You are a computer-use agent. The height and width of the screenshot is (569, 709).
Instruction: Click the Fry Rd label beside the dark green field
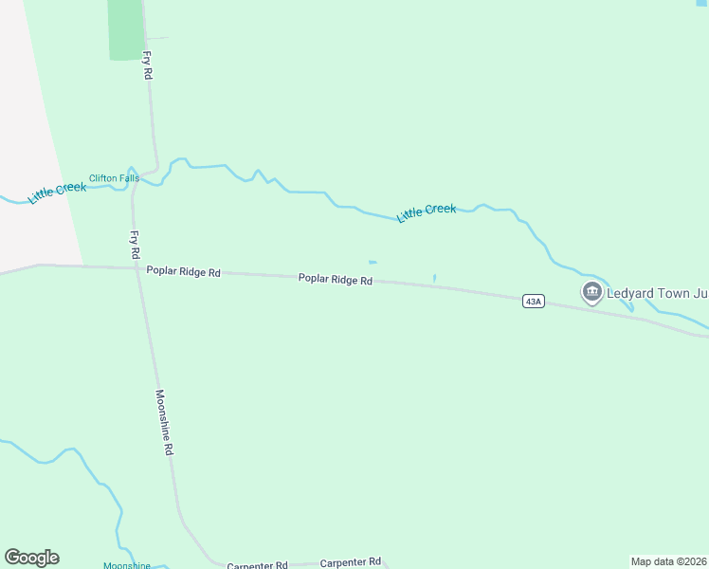(x=149, y=64)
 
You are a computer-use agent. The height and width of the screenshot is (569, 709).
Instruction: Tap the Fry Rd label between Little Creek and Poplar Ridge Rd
(x=135, y=244)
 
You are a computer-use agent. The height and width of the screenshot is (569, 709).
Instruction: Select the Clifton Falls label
(x=114, y=178)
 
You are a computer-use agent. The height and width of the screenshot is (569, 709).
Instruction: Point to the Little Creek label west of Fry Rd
(x=57, y=192)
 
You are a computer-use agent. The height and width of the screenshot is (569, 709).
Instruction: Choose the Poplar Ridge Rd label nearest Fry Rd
(x=183, y=272)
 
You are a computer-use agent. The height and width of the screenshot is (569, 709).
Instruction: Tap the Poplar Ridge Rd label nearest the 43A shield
(x=335, y=280)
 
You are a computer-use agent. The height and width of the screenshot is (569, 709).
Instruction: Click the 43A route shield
(x=534, y=301)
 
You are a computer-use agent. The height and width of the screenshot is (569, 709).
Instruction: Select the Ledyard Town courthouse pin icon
(x=592, y=291)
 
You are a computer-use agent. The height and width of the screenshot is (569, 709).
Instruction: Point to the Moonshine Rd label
(x=166, y=422)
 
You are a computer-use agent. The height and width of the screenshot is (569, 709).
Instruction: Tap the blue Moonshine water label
(x=127, y=565)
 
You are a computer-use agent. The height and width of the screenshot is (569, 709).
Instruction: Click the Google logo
(x=32, y=558)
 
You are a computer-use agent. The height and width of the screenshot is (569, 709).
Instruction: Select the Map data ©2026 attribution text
(x=668, y=560)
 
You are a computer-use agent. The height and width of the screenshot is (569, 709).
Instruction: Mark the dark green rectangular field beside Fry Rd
(x=124, y=28)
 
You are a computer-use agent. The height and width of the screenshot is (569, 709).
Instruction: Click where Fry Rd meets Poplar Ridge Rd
(x=138, y=268)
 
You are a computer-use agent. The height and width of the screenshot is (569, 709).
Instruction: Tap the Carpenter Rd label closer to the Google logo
(x=257, y=565)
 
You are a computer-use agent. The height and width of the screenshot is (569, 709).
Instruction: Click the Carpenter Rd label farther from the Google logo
(x=350, y=562)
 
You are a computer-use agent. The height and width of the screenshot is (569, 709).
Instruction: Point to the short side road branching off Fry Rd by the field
(x=157, y=39)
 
